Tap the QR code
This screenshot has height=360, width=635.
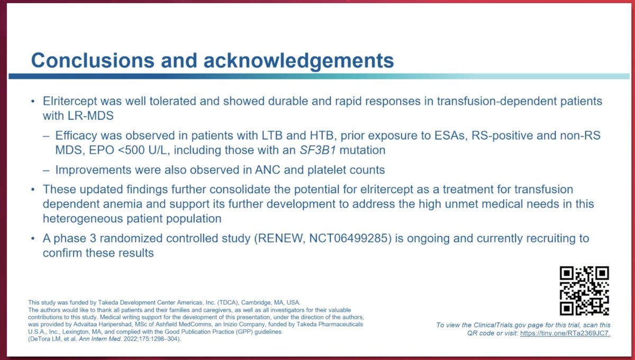(584, 291)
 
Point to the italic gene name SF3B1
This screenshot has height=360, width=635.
(304, 150)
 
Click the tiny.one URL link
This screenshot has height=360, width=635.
(566, 334)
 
